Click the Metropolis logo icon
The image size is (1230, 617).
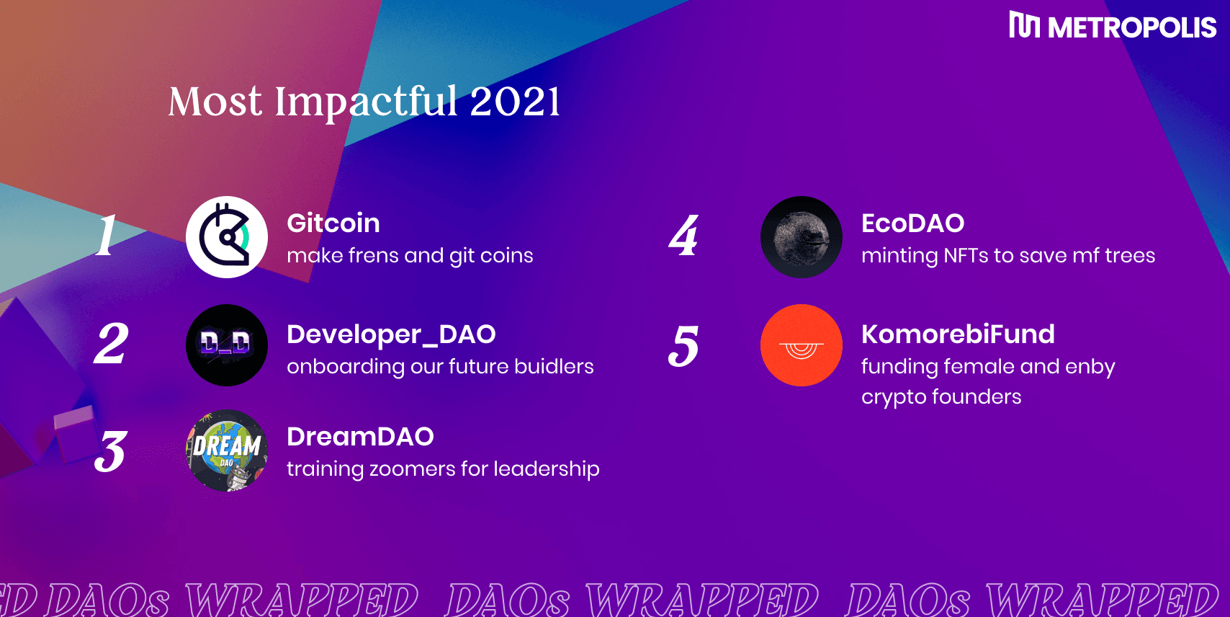pyautogui.click(x=1024, y=25)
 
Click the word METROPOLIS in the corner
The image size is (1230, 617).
pyautogui.click(x=1132, y=27)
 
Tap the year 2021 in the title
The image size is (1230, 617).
pyautogui.click(x=515, y=102)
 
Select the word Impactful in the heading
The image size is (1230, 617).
pyautogui.click(x=366, y=103)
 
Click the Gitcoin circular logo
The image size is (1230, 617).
pyautogui.click(x=227, y=237)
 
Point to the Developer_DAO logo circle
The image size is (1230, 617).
pyautogui.click(x=227, y=345)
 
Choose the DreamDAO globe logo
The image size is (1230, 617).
pyautogui.click(x=227, y=450)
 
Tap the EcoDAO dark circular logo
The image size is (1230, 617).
pyautogui.click(x=801, y=237)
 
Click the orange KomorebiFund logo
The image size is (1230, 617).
pyautogui.click(x=801, y=345)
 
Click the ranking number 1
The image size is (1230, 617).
pyautogui.click(x=107, y=235)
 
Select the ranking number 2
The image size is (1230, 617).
pyautogui.click(x=111, y=343)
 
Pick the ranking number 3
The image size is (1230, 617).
pyautogui.click(x=111, y=452)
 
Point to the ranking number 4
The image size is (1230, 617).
pyautogui.click(x=683, y=235)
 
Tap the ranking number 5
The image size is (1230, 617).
pyautogui.click(x=683, y=345)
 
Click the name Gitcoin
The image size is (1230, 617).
pyautogui.click(x=333, y=223)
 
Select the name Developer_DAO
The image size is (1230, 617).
pyautogui.click(x=391, y=334)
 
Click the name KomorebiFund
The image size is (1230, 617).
pyautogui.click(x=958, y=334)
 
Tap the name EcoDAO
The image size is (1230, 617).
pyautogui.click(x=912, y=223)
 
